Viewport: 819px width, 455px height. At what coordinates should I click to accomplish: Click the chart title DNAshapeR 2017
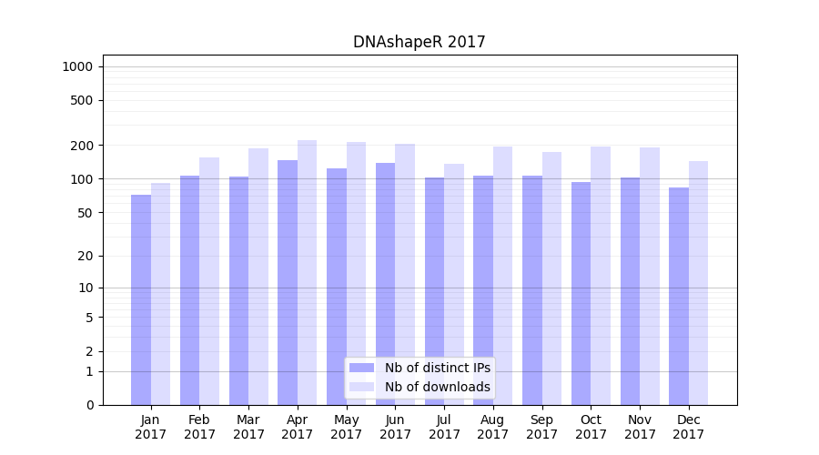pos(420,43)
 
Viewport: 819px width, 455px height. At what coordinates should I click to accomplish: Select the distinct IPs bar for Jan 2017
pos(141,299)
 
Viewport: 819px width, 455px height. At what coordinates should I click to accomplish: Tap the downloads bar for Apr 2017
pos(308,272)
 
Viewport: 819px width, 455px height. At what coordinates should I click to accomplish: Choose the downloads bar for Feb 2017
pos(209,281)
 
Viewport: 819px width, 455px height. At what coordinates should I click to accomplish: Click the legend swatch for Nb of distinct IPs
pos(362,368)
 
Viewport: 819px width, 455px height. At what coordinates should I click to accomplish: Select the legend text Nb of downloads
pos(438,387)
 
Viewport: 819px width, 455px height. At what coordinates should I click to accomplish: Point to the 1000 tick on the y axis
pos(77,66)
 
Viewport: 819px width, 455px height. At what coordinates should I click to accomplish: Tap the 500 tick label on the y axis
pos(83,100)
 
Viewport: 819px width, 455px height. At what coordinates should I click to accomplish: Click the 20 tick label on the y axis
pos(86,256)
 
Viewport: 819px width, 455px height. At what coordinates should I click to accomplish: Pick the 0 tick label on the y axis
pos(89,405)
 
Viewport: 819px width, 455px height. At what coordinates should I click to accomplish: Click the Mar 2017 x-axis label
pos(248,427)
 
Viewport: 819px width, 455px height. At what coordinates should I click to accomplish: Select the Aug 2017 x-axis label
pos(493,427)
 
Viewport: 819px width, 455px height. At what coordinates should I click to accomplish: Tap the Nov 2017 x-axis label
pos(640,427)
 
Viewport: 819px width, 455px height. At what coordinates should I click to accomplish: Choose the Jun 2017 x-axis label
pos(395,427)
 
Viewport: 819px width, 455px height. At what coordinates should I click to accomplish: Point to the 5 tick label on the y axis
pos(89,318)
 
